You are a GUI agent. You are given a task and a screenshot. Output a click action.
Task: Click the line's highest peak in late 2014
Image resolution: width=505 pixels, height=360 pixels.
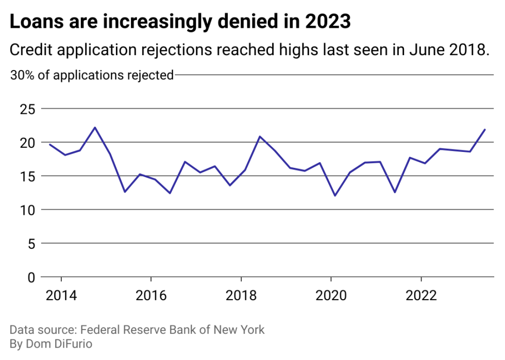95,127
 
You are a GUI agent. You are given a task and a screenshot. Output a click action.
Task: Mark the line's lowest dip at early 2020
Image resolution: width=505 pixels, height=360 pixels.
335,196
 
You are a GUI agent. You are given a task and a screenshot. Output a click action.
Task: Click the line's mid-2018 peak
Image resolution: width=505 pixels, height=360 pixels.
260,136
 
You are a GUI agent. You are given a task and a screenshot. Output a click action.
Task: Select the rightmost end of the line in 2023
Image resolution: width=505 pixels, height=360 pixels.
485,129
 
